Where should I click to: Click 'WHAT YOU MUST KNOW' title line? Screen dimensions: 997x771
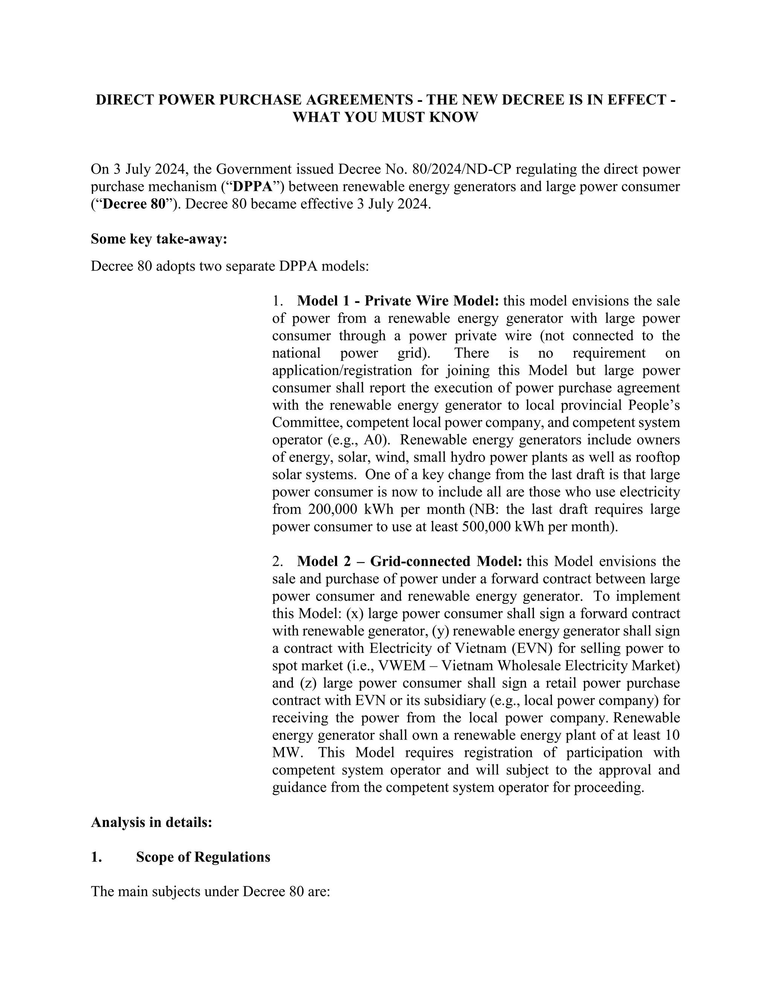tap(385, 117)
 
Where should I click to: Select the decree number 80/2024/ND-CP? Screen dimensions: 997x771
tap(460, 169)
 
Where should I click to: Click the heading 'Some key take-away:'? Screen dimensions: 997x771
tap(158, 239)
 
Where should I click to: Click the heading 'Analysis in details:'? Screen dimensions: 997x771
tap(151, 822)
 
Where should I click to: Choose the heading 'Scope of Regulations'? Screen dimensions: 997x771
tap(203, 857)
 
